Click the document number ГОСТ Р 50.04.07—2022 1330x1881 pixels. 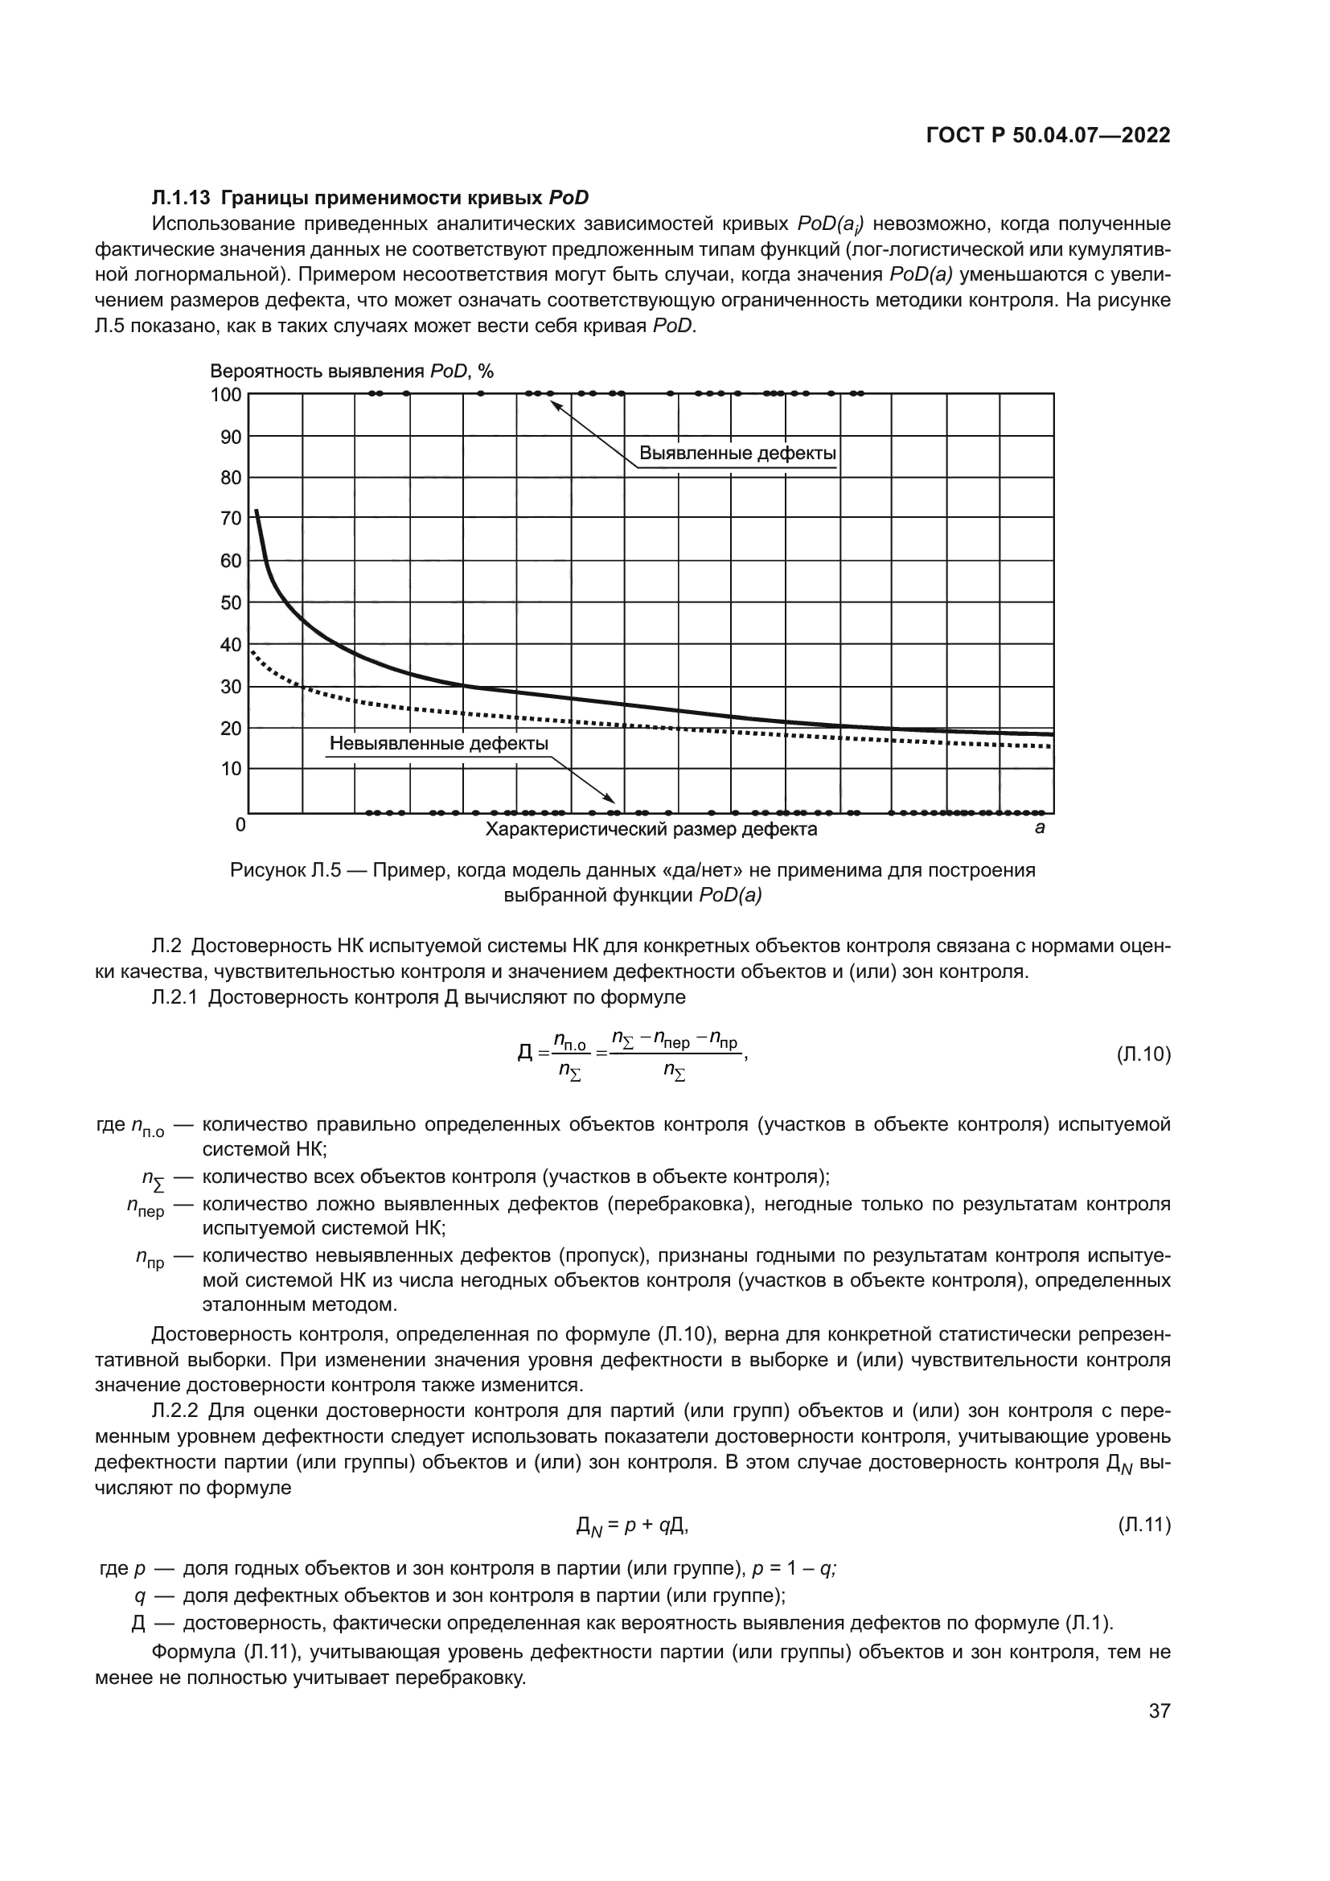tap(1048, 136)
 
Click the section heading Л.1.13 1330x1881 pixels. tap(181, 198)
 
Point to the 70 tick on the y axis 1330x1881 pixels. tap(231, 518)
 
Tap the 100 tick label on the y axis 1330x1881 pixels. tap(226, 395)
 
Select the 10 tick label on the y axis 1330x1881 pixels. tap(231, 769)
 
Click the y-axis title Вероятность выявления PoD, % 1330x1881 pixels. tap(351, 371)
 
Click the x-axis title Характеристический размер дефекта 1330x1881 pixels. tap(651, 829)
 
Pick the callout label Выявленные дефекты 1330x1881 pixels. tap(737, 453)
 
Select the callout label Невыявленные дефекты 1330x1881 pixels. tap(438, 743)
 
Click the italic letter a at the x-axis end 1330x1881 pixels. tap(1039, 828)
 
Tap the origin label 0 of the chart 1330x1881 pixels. tap(240, 824)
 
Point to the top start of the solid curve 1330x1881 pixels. tap(257, 511)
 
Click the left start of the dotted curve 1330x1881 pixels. tap(252, 651)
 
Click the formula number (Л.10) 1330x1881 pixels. tap(1143, 1054)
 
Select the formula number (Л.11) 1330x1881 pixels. tap(1143, 1525)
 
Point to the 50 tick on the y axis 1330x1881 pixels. tap(231, 603)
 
